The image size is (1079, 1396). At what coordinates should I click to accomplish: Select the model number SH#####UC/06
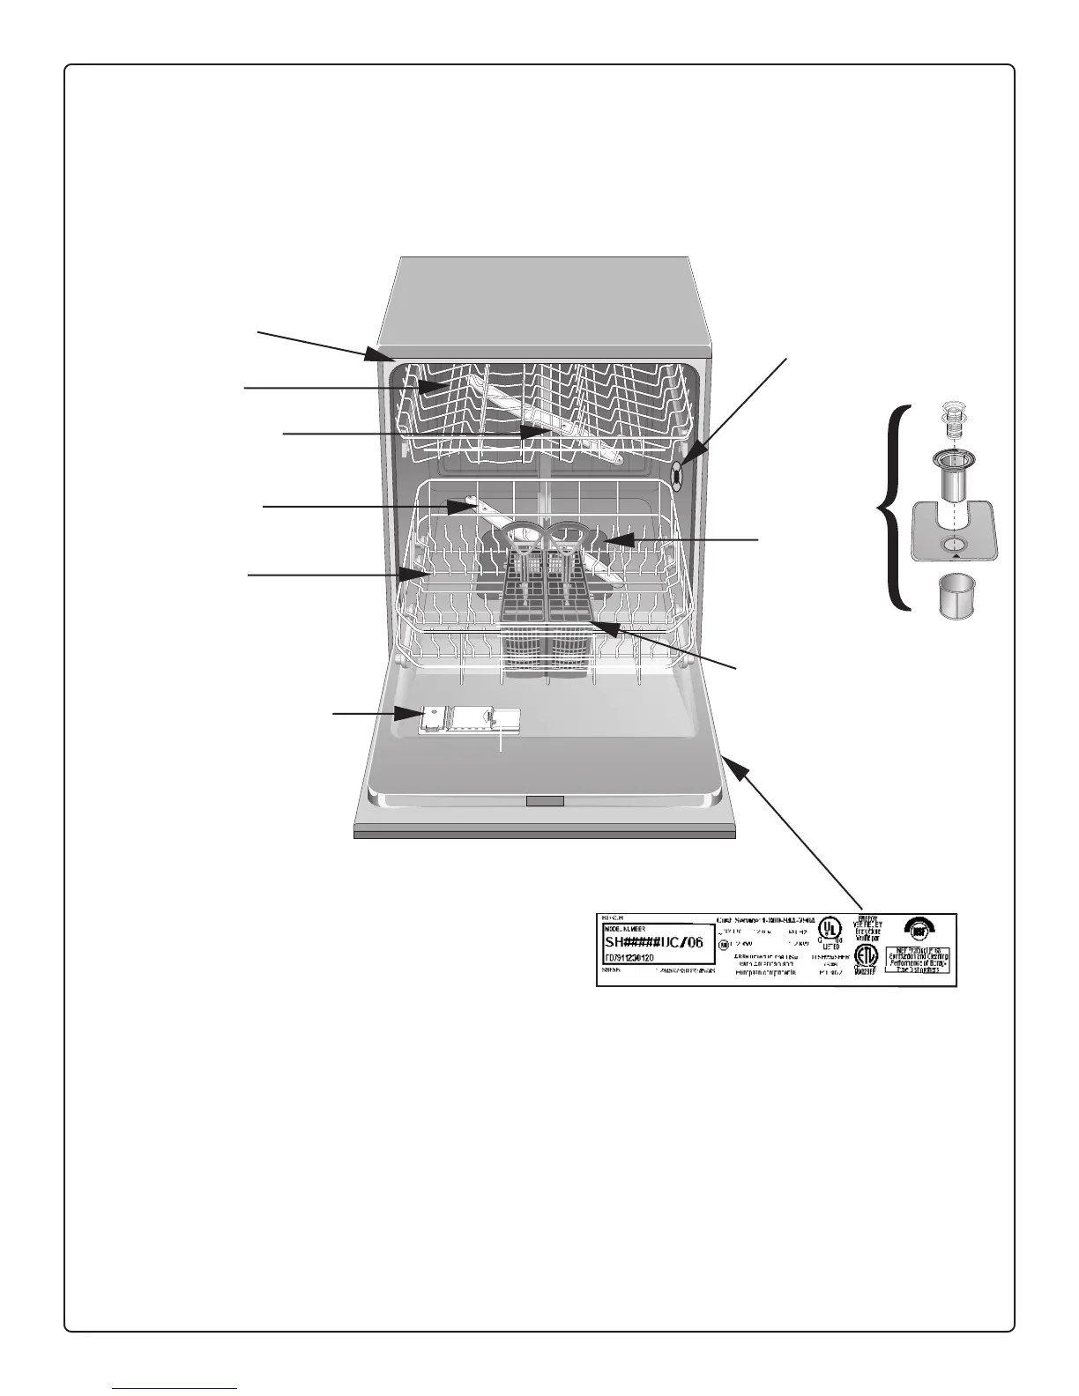click(x=654, y=943)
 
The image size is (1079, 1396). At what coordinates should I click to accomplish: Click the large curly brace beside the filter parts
click(x=893, y=505)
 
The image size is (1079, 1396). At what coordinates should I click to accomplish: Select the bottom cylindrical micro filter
click(x=954, y=597)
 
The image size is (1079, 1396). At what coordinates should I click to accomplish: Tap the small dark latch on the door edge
click(x=545, y=800)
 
